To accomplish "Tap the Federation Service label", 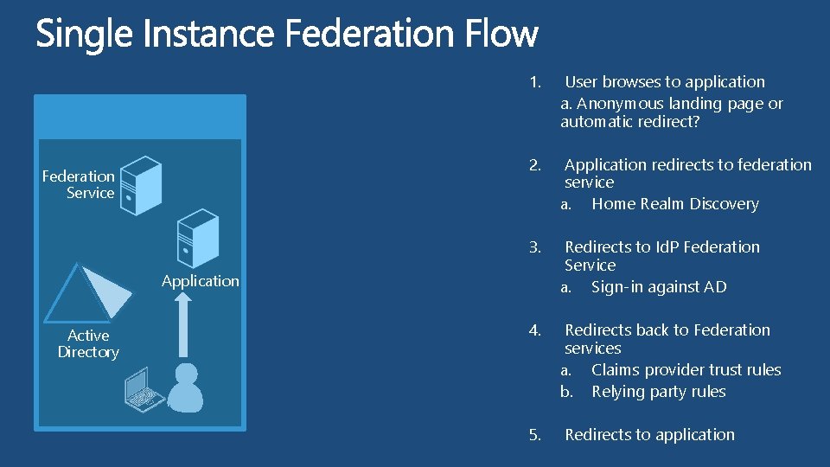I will (79, 184).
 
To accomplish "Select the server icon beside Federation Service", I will (140, 185).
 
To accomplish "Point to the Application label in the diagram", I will (200, 280).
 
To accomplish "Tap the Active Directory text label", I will (88, 343).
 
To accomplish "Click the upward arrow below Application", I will (182, 324).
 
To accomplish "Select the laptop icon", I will (144, 389).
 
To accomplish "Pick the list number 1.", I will (535, 82).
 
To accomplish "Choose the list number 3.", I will (535, 247).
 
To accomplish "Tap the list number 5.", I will (535, 435).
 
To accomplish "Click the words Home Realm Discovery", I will (674, 204).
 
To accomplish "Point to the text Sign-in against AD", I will (659, 287).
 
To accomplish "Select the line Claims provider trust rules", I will (686, 370).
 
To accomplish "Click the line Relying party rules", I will (658, 392).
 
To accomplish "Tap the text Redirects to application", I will (649, 435).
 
